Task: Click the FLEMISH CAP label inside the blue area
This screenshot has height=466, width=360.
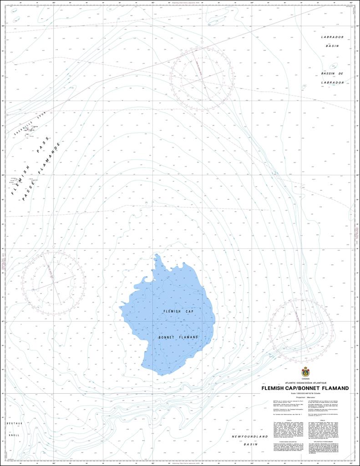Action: click(x=178, y=311)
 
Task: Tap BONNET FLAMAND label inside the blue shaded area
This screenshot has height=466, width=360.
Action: click(x=178, y=337)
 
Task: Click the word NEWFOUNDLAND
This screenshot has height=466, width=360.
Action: click(x=250, y=436)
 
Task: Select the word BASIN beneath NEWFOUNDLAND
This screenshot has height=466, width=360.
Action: click(x=250, y=444)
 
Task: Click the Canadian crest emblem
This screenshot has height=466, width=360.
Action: click(x=305, y=371)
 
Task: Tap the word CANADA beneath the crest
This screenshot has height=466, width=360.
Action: click(x=305, y=379)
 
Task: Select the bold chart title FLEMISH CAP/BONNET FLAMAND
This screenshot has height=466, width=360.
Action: click(x=305, y=388)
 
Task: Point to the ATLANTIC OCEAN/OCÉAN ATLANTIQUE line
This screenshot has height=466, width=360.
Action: click(x=305, y=383)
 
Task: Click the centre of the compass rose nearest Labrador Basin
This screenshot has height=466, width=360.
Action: click(x=202, y=79)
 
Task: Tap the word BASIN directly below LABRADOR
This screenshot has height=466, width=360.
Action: click(x=332, y=46)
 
